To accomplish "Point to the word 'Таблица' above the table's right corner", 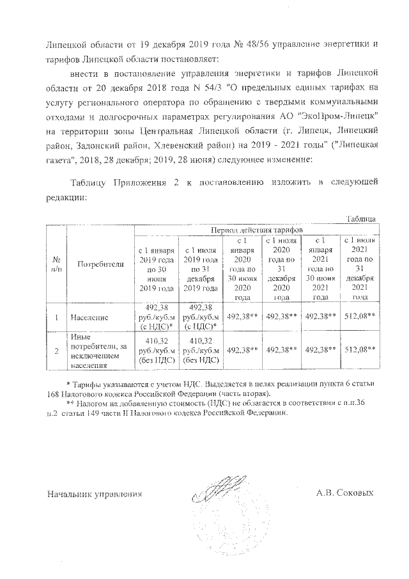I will [362, 219].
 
